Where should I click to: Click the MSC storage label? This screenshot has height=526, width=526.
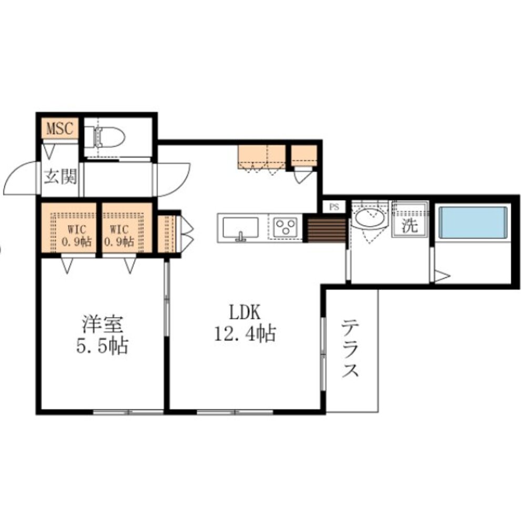pos(60,128)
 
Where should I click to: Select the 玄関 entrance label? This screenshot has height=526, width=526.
pos(60,176)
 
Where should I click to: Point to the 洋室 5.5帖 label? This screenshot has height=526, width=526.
pos(102,335)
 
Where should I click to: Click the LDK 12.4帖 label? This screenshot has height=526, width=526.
pos(245,323)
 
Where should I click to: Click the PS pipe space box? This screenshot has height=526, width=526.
pos(334,207)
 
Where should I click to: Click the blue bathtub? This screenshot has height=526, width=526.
pos(473,222)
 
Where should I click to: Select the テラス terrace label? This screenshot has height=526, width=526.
pos(350,348)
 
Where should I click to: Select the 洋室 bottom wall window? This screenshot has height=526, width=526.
pos(128,412)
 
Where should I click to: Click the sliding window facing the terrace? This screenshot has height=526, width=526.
pos(323,353)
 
